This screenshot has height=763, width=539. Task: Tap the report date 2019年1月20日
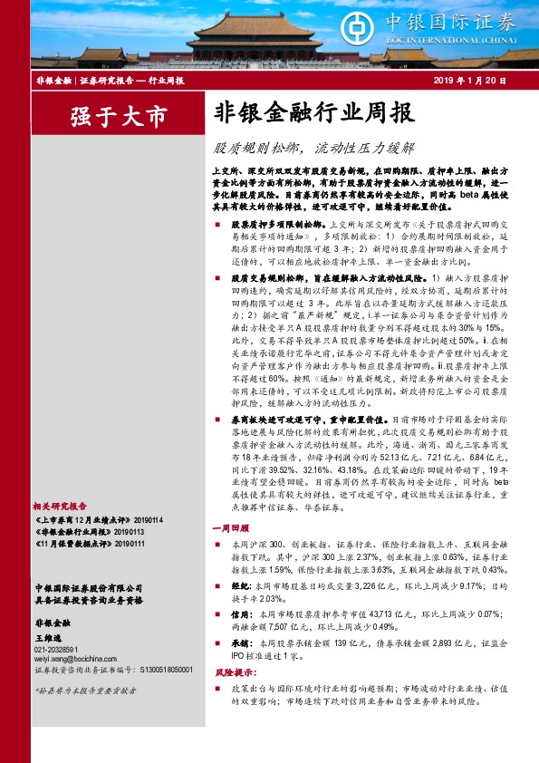click(470, 82)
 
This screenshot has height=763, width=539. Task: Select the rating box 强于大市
click(119, 115)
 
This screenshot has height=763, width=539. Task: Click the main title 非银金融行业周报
click(314, 113)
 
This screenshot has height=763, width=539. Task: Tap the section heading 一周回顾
click(230, 526)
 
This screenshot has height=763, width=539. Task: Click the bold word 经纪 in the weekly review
click(241, 587)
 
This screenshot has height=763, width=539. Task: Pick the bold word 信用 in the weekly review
click(241, 613)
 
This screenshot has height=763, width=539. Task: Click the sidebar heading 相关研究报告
click(60, 506)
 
